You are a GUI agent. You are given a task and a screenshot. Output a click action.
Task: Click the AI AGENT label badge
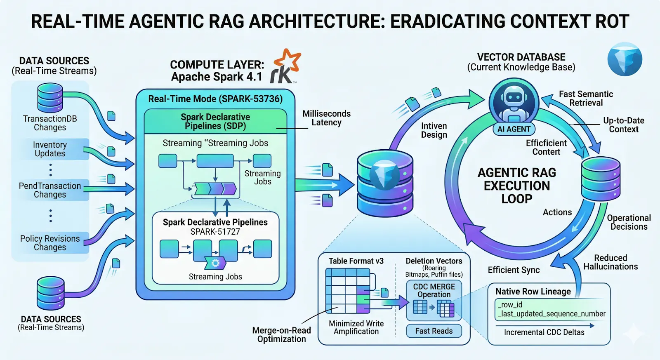tap(514, 129)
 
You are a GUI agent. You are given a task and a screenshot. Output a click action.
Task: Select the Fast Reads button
tap(434, 331)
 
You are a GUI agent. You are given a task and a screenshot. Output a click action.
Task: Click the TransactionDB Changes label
tap(50, 123)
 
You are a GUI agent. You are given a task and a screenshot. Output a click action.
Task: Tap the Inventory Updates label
tap(50, 149)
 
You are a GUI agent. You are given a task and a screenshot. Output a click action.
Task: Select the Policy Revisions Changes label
tap(50, 243)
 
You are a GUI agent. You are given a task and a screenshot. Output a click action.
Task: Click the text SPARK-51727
tap(215, 232)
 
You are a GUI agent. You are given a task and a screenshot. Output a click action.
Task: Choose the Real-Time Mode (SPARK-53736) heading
tap(215, 99)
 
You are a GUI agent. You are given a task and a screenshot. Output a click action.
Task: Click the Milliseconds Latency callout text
tap(326, 118)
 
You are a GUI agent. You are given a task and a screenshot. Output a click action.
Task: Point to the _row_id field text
tap(510, 305)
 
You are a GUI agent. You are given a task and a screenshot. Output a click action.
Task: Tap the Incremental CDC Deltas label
tap(544, 332)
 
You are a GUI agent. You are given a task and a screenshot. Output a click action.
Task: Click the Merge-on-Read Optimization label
tap(282, 334)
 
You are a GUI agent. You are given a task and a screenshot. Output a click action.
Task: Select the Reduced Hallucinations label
tap(610, 262)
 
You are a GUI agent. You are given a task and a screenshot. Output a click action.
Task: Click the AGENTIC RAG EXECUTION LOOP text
tap(517, 186)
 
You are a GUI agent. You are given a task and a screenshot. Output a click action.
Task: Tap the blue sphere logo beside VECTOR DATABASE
tap(625, 59)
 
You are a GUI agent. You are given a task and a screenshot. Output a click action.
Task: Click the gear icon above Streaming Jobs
tap(215, 263)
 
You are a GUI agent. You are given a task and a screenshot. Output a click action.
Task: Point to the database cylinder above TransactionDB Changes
tap(50, 98)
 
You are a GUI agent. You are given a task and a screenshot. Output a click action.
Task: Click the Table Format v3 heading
tap(356, 261)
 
